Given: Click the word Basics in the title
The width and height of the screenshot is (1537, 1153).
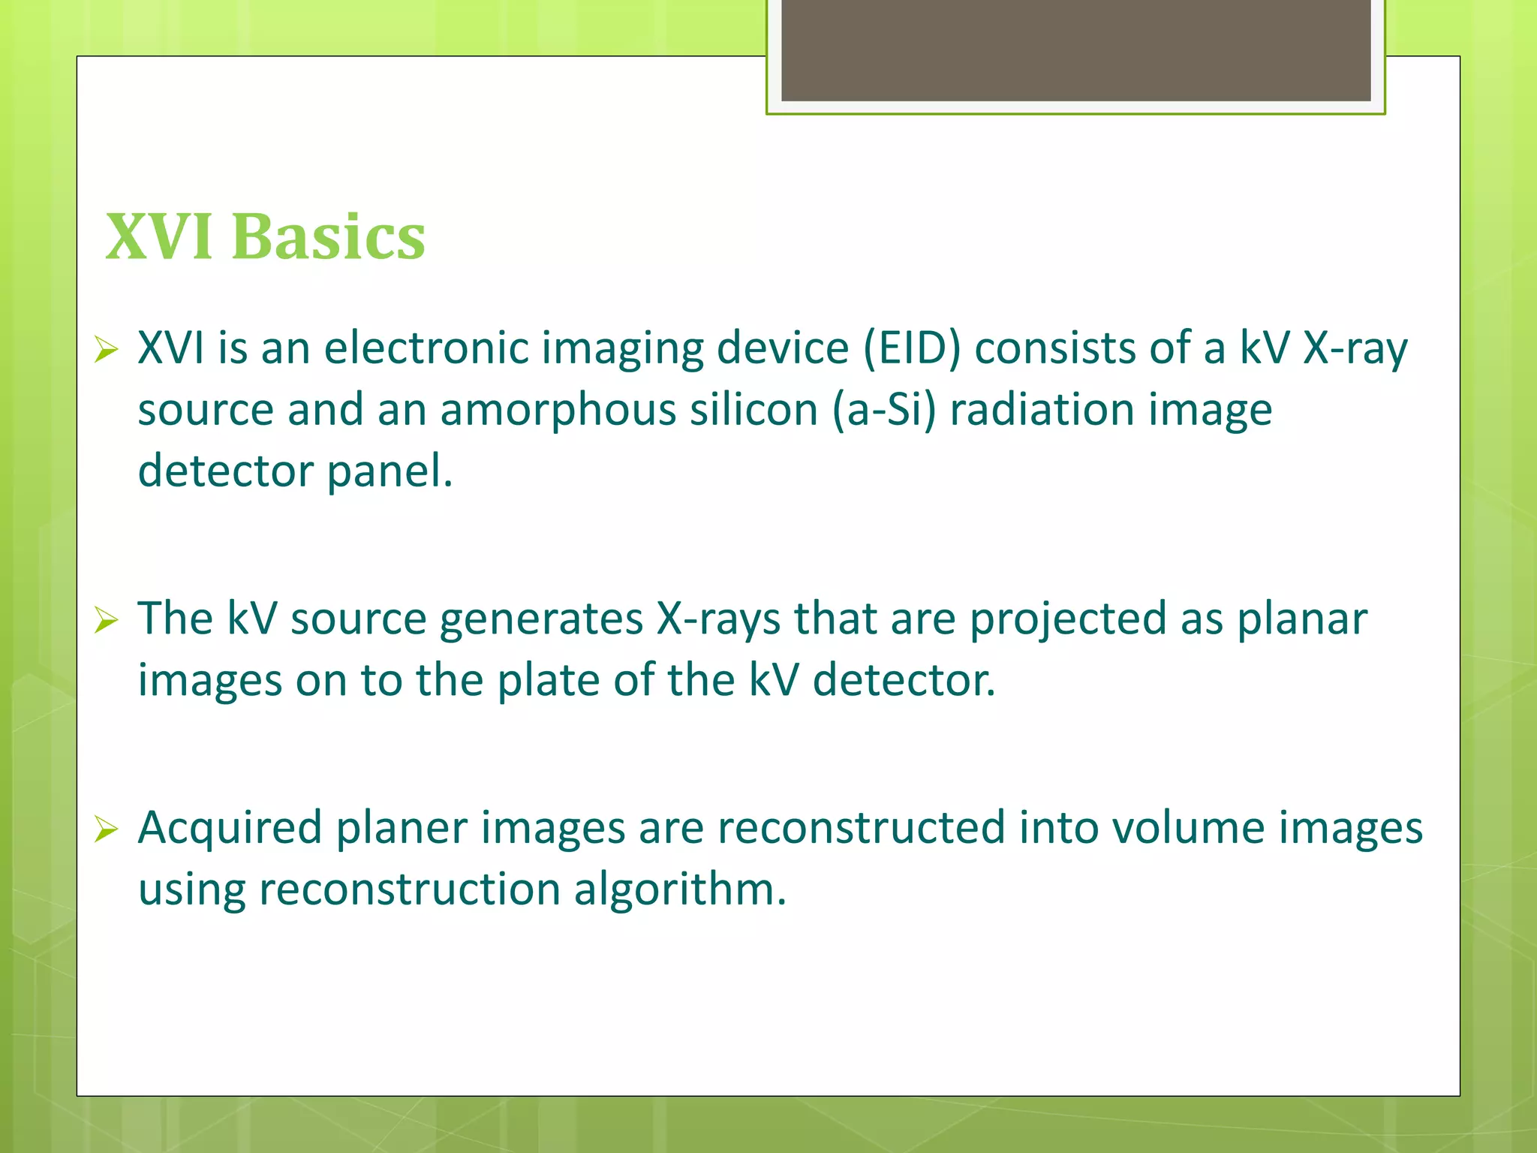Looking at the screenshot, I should [329, 237].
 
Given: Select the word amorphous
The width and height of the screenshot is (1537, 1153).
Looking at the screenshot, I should [558, 410].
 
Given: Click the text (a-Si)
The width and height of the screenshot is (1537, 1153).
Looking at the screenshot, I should [884, 410].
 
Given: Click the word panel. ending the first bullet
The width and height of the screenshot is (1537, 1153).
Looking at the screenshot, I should [390, 471].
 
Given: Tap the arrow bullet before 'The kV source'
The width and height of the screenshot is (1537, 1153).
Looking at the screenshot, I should [107, 620].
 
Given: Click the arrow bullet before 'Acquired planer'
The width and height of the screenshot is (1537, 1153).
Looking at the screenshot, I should [107, 829].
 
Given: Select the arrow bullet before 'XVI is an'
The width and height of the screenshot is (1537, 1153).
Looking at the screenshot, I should [107, 350].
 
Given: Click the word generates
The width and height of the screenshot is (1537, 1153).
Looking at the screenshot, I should [541, 620].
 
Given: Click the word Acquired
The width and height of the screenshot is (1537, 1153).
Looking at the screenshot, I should [230, 829].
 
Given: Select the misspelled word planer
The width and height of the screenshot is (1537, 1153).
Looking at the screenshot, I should [401, 829].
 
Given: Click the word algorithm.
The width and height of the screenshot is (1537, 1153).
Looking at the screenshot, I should [679, 890].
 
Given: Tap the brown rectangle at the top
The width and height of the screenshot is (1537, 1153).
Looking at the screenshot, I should [1075, 50].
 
